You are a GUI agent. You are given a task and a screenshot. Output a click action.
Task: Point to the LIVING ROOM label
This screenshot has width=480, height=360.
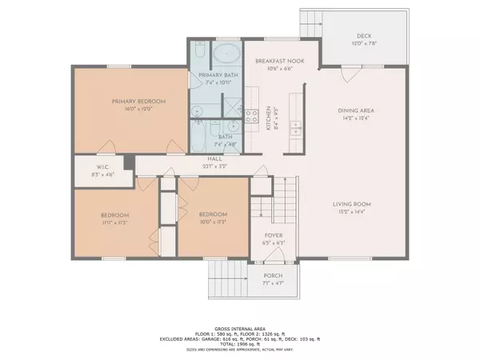pos(353,205)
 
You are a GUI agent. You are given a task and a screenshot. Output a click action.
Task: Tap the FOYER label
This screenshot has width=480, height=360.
pos(274,235)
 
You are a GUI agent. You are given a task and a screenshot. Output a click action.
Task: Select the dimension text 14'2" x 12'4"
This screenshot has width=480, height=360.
pos(358,118)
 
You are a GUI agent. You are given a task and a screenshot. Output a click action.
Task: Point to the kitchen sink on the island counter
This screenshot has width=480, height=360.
pos(295,127)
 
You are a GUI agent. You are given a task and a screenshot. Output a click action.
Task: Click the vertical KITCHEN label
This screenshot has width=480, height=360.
pos(268,121)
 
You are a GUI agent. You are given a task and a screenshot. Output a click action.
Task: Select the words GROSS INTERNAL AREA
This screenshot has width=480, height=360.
pos(239,328)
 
